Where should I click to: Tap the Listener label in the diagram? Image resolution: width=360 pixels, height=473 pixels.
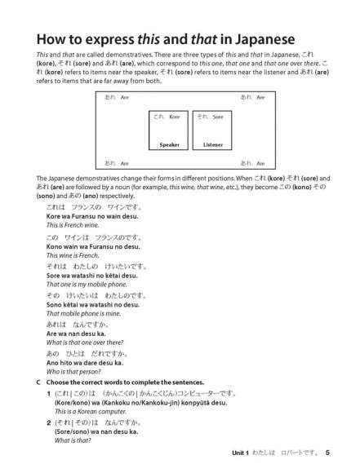(212, 144)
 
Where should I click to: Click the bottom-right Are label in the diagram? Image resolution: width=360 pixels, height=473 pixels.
(252, 163)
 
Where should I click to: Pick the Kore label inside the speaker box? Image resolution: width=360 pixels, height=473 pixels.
(167, 117)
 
